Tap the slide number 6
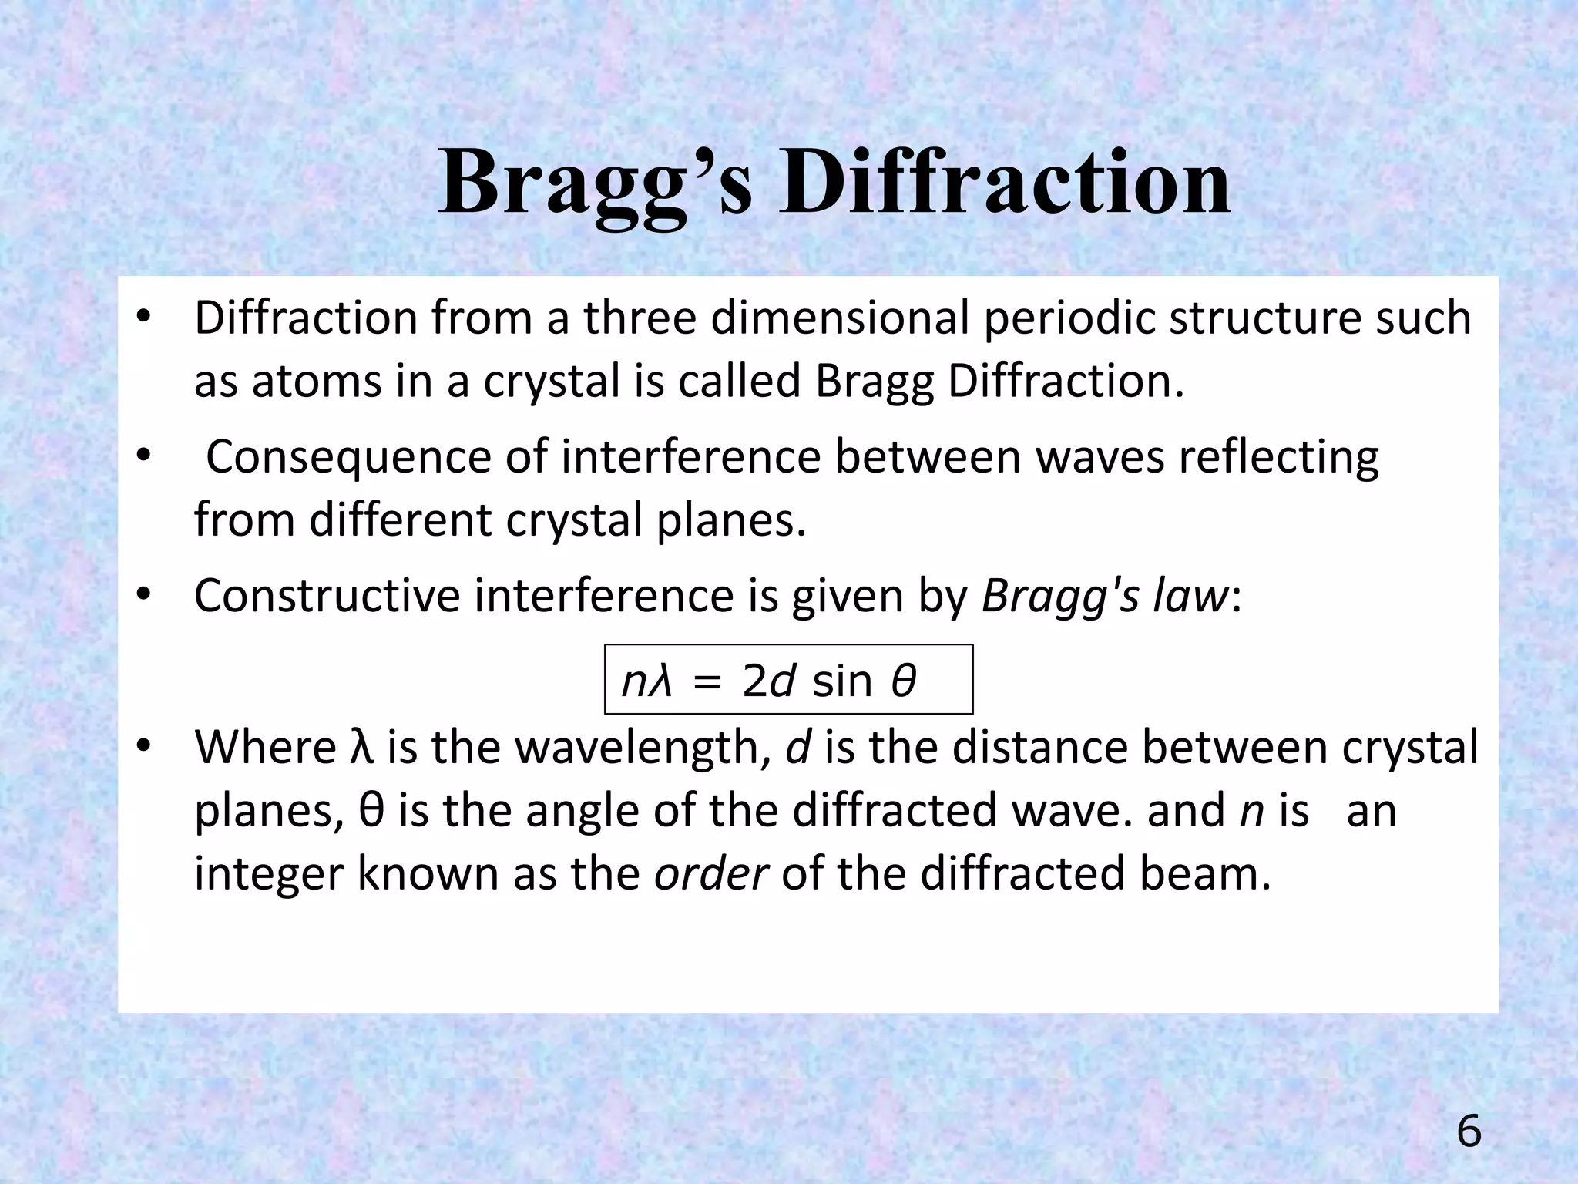tap(1469, 1132)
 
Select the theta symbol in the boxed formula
tap(903, 681)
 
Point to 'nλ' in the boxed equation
tap(646, 681)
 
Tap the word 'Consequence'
tap(348, 456)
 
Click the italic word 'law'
tap(1190, 595)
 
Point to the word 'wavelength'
tap(637, 747)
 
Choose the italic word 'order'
tap(710, 873)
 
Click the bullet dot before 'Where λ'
tap(143, 747)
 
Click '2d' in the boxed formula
tap(768, 681)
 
